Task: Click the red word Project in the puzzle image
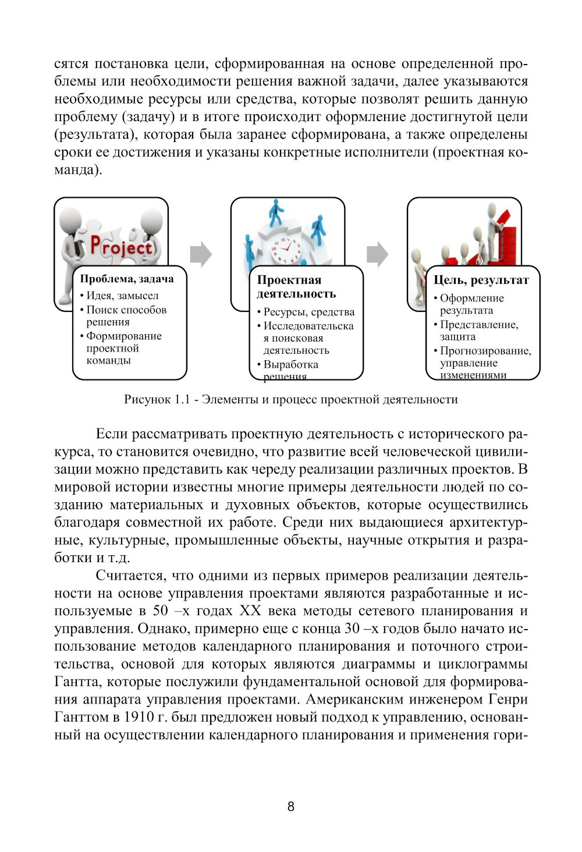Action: coord(120,247)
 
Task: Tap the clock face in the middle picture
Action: coord(285,250)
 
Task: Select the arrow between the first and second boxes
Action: coord(201,254)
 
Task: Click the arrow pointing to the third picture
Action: coord(377,254)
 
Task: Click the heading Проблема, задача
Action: coord(127,279)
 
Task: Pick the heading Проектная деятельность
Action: coord(297,287)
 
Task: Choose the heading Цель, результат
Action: coord(481,280)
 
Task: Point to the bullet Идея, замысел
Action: coord(122,296)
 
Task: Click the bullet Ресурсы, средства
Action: coord(308,312)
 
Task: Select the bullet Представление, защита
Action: coord(478,331)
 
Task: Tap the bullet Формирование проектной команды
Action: coord(123,348)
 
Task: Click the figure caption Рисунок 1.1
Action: coord(290,400)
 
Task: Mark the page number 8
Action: coord(291,807)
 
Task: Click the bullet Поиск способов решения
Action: coord(126,315)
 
